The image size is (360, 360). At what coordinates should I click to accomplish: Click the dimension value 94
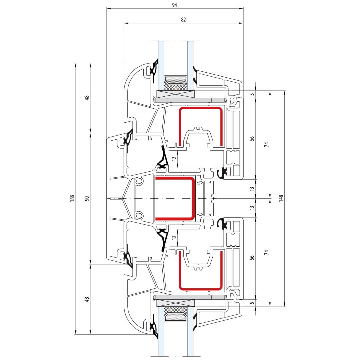pyautogui.click(x=174, y=5)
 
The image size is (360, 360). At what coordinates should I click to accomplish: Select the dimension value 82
pyautogui.click(x=183, y=20)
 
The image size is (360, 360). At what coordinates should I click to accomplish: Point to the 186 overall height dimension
pyautogui.click(x=72, y=198)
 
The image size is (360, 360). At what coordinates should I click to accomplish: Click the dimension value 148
pyautogui.click(x=281, y=198)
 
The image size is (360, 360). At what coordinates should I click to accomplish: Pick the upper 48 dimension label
pyautogui.click(x=87, y=98)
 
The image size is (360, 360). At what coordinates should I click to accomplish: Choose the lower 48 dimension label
pyautogui.click(x=87, y=299)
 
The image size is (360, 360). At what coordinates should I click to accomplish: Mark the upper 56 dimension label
pyautogui.click(x=252, y=138)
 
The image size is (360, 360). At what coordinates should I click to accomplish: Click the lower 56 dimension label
pyautogui.click(x=252, y=258)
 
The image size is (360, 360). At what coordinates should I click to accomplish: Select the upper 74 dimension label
pyautogui.click(x=266, y=144)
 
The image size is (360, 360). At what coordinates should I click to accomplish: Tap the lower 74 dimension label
pyautogui.click(x=266, y=252)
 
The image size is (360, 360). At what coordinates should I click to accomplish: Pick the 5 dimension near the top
pyautogui.click(x=252, y=94)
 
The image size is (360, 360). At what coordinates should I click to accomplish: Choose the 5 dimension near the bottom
pyautogui.click(x=252, y=303)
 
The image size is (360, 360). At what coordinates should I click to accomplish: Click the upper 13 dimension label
pyautogui.click(x=252, y=189)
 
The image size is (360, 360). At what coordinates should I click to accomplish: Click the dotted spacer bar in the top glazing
pyautogui.click(x=176, y=79)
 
